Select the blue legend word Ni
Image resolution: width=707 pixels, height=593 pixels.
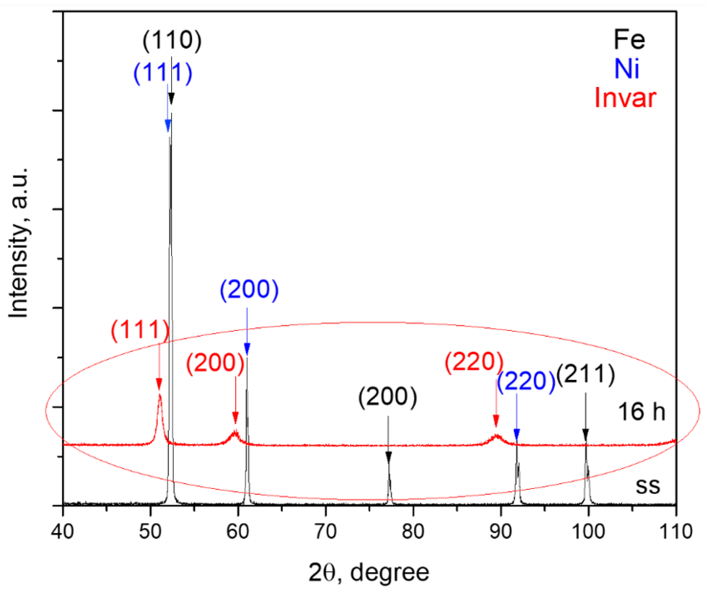click(627, 69)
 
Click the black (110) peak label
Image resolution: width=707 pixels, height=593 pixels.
click(172, 41)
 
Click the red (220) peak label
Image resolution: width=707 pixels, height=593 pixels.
click(474, 362)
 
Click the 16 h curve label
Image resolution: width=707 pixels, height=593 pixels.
click(641, 412)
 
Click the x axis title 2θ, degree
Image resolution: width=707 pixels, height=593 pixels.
click(369, 573)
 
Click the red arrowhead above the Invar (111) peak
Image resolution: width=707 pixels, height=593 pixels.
click(159, 384)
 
